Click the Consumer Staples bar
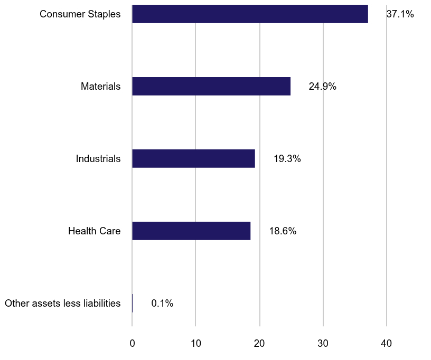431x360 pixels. (x=250, y=14)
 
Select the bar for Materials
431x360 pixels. (x=211, y=86)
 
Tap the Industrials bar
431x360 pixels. (x=193, y=158)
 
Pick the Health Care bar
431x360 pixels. (x=191, y=231)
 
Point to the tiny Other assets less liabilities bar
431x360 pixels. (x=133, y=303)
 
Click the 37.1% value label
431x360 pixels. (x=400, y=14)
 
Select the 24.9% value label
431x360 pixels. (x=322, y=87)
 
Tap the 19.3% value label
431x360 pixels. (x=287, y=159)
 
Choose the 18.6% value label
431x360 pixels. (x=283, y=231)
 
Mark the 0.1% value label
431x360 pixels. (x=162, y=304)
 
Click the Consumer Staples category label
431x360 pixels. (x=80, y=14)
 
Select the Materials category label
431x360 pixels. (x=100, y=87)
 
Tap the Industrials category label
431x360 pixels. (x=98, y=159)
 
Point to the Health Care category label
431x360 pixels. (x=95, y=231)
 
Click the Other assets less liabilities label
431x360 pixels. (x=62, y=304)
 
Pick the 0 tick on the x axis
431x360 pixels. (x=132, y=343)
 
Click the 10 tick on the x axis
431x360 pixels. (x=195, y=343)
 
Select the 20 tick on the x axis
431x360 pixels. (x=259, y=343)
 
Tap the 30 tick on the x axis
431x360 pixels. (x=323, y=343)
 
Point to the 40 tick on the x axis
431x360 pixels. (x=387, y=343)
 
